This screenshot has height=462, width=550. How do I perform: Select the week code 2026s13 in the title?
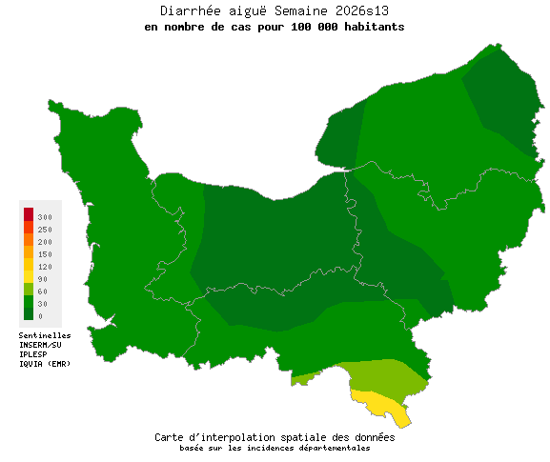[357, 11]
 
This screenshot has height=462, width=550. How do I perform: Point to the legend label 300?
[45, 218]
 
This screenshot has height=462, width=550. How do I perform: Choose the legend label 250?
[45, 231]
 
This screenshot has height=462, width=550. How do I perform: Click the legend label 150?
[45, 254]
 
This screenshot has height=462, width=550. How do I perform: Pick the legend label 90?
[43, 279]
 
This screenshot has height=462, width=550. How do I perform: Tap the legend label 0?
[40, 315]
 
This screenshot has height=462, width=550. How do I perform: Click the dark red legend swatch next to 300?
[29, 213]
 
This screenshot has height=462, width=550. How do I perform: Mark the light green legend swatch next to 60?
[29, 289]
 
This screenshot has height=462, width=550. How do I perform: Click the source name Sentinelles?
[45, 335]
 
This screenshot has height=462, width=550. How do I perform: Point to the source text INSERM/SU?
[40, 345]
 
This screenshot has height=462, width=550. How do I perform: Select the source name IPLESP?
[33, 354]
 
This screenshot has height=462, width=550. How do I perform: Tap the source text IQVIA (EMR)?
[45, 364]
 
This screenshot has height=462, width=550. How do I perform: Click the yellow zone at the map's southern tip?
[381, 404]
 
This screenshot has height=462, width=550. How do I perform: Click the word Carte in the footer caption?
[172, 437]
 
